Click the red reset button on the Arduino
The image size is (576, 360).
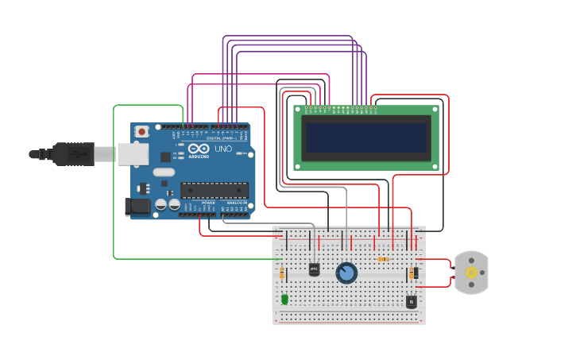(141, 132)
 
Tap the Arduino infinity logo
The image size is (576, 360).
(199, 149)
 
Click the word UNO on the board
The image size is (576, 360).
(223, 149)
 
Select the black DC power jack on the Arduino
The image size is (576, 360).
(137, 207)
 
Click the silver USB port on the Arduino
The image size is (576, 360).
(133, 153)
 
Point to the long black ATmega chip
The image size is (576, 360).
(214, 190)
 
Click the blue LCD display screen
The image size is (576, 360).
(366, 137)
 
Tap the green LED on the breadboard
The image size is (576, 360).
(284, 299)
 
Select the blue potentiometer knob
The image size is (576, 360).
(346, 273)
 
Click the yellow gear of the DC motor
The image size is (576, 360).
(471, 273)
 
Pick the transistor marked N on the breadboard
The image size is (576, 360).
(411, 301)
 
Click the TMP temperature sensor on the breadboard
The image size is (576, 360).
(314, 269)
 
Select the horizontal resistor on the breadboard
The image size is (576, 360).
(383, 259)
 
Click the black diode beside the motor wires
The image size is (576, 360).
(416, 273)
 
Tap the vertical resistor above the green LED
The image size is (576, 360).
(282, 273)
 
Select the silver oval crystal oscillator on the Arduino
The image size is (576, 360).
(164, 172)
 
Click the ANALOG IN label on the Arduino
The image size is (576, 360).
(237, 203)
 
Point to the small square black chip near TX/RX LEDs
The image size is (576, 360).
(165, 157)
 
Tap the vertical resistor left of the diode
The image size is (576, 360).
(411, 273)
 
